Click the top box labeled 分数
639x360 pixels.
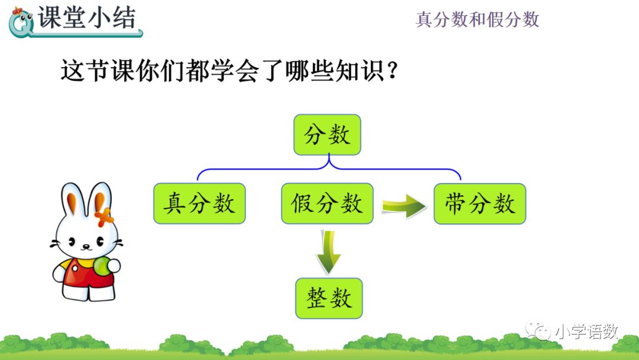(x=327, y=134)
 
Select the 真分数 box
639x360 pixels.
(x=199, y=204)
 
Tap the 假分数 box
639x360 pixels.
(x=327, y=204)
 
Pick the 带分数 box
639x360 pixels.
(x=480, y=204)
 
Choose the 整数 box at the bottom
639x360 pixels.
(x=329, y=298)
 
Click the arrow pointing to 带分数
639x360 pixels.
(x=404, y=205)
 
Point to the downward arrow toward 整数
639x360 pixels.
(x=328, y=251)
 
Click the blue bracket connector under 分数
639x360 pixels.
(x=329, y=169)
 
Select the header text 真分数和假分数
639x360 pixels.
(x=477, y=20)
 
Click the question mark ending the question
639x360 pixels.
(x=391, y=72)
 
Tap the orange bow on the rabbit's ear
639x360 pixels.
(x=104, y=217)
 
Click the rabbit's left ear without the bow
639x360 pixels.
(x=72, y=201)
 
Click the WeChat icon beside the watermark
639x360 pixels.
(x=540, y=331)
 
